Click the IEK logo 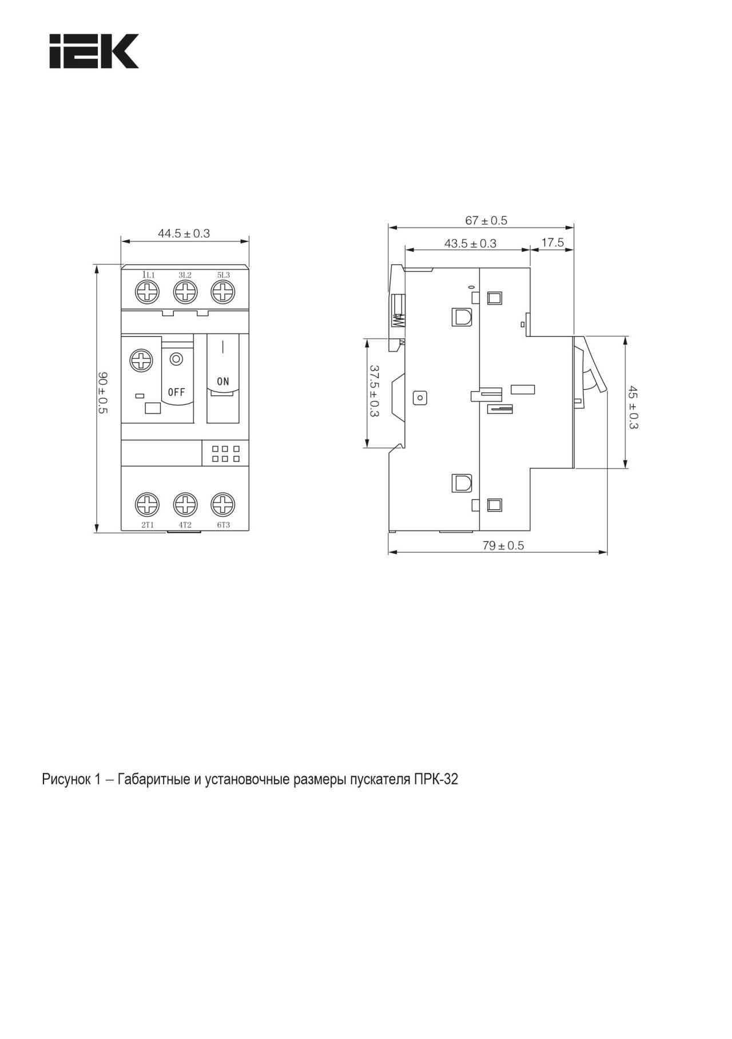coord(94,51)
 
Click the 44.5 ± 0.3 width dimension coord(184,233)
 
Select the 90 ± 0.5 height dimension coord(103,393)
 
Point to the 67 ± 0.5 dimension coord(486,220)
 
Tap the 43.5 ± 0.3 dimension coord(470,243)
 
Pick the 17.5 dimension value coord(552,243)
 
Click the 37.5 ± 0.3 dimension coord(375,391)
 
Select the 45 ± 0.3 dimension coord(633,408)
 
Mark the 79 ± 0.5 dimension coord(503,545)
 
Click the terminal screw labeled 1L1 coord(147,292)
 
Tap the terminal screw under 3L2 coord(185,292)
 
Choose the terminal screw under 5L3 coord(223,292)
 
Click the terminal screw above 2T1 coord(147,505)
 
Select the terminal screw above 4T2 coord(185,505)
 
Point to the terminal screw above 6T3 coord(223,505)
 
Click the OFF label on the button coord(177,392)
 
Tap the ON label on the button coord(223,381)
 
